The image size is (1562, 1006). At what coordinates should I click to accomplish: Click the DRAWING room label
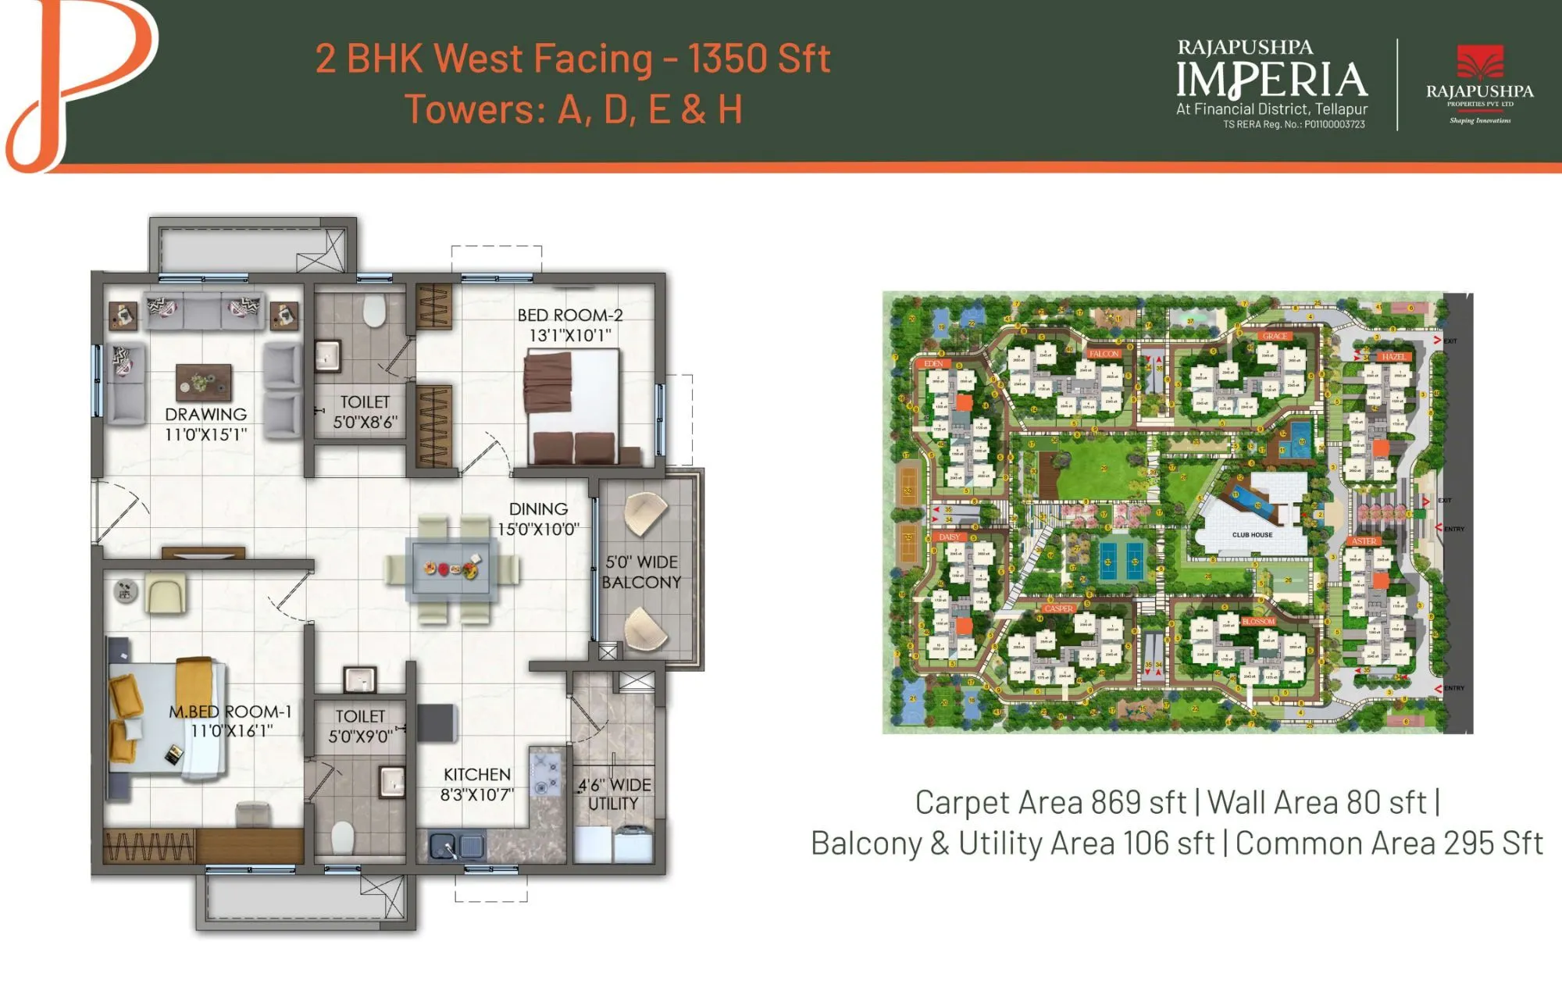205,415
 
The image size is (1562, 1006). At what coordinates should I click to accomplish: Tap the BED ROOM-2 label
569,316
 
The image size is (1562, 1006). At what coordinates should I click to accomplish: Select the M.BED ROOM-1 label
230,712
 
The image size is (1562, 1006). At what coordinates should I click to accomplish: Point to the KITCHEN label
476,775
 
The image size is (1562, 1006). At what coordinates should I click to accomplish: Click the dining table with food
451,569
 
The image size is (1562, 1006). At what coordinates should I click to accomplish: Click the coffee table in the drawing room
203,382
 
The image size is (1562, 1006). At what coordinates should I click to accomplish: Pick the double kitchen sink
457,846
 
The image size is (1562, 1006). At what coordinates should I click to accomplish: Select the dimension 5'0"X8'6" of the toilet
365,423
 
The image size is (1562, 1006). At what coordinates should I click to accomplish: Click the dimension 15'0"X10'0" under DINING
538,530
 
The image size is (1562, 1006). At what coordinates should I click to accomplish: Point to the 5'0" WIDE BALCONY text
641,572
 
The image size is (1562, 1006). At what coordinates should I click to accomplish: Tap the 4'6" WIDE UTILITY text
614,794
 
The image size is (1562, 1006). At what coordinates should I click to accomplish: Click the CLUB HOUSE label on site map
1252,535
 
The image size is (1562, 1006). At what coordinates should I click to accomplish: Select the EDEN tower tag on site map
933,364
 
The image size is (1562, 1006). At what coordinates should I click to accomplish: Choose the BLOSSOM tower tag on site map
1258,622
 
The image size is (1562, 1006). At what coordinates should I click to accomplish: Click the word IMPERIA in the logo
1271,80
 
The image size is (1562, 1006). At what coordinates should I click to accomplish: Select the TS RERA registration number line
1293,125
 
